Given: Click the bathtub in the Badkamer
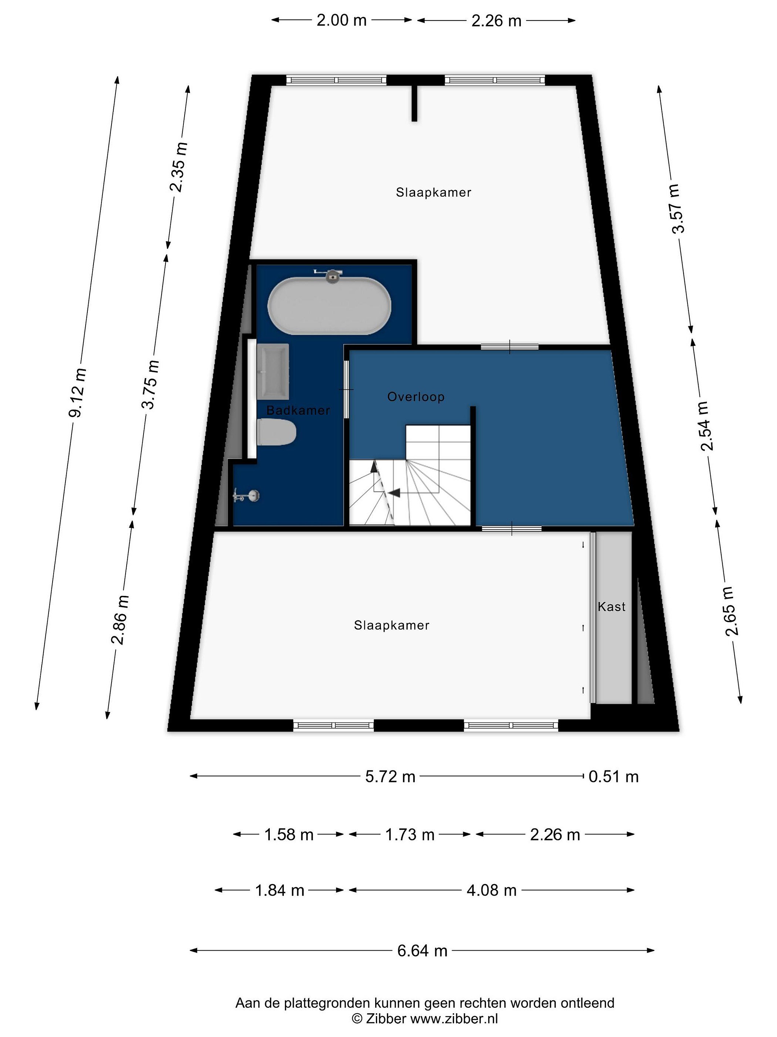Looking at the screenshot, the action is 329,306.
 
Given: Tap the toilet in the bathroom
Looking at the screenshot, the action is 276,432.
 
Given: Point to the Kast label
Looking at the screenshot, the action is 612,607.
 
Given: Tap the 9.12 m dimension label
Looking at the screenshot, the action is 77,393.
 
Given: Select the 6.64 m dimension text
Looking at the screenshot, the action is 422,950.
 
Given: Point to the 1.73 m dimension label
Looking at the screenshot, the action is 410,835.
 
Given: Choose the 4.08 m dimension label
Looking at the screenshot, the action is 491,890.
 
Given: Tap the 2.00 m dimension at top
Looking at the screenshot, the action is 341,21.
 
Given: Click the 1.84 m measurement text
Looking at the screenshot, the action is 280,890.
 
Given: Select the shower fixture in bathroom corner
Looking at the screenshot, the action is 247,495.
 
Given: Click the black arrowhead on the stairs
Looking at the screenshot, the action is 394,492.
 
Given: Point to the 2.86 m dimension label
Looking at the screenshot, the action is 119,620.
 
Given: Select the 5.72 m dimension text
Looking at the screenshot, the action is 390,777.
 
